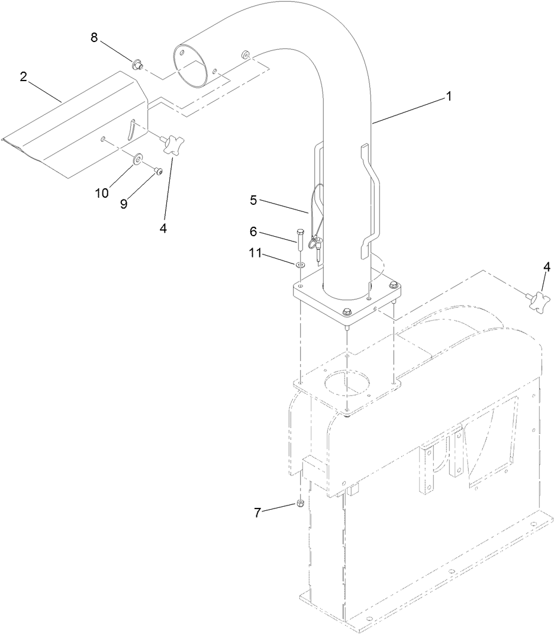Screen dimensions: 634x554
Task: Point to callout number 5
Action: pos(253,200)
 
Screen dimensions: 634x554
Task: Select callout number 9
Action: pos(124,203)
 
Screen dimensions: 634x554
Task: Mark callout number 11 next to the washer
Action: pos(255,253)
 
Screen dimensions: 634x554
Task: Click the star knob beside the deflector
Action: pos(173,144)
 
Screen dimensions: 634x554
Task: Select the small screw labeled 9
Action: pos(158,171)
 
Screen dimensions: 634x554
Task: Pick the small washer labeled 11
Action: pos(301,264)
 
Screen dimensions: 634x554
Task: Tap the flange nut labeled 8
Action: pos(137,63)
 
